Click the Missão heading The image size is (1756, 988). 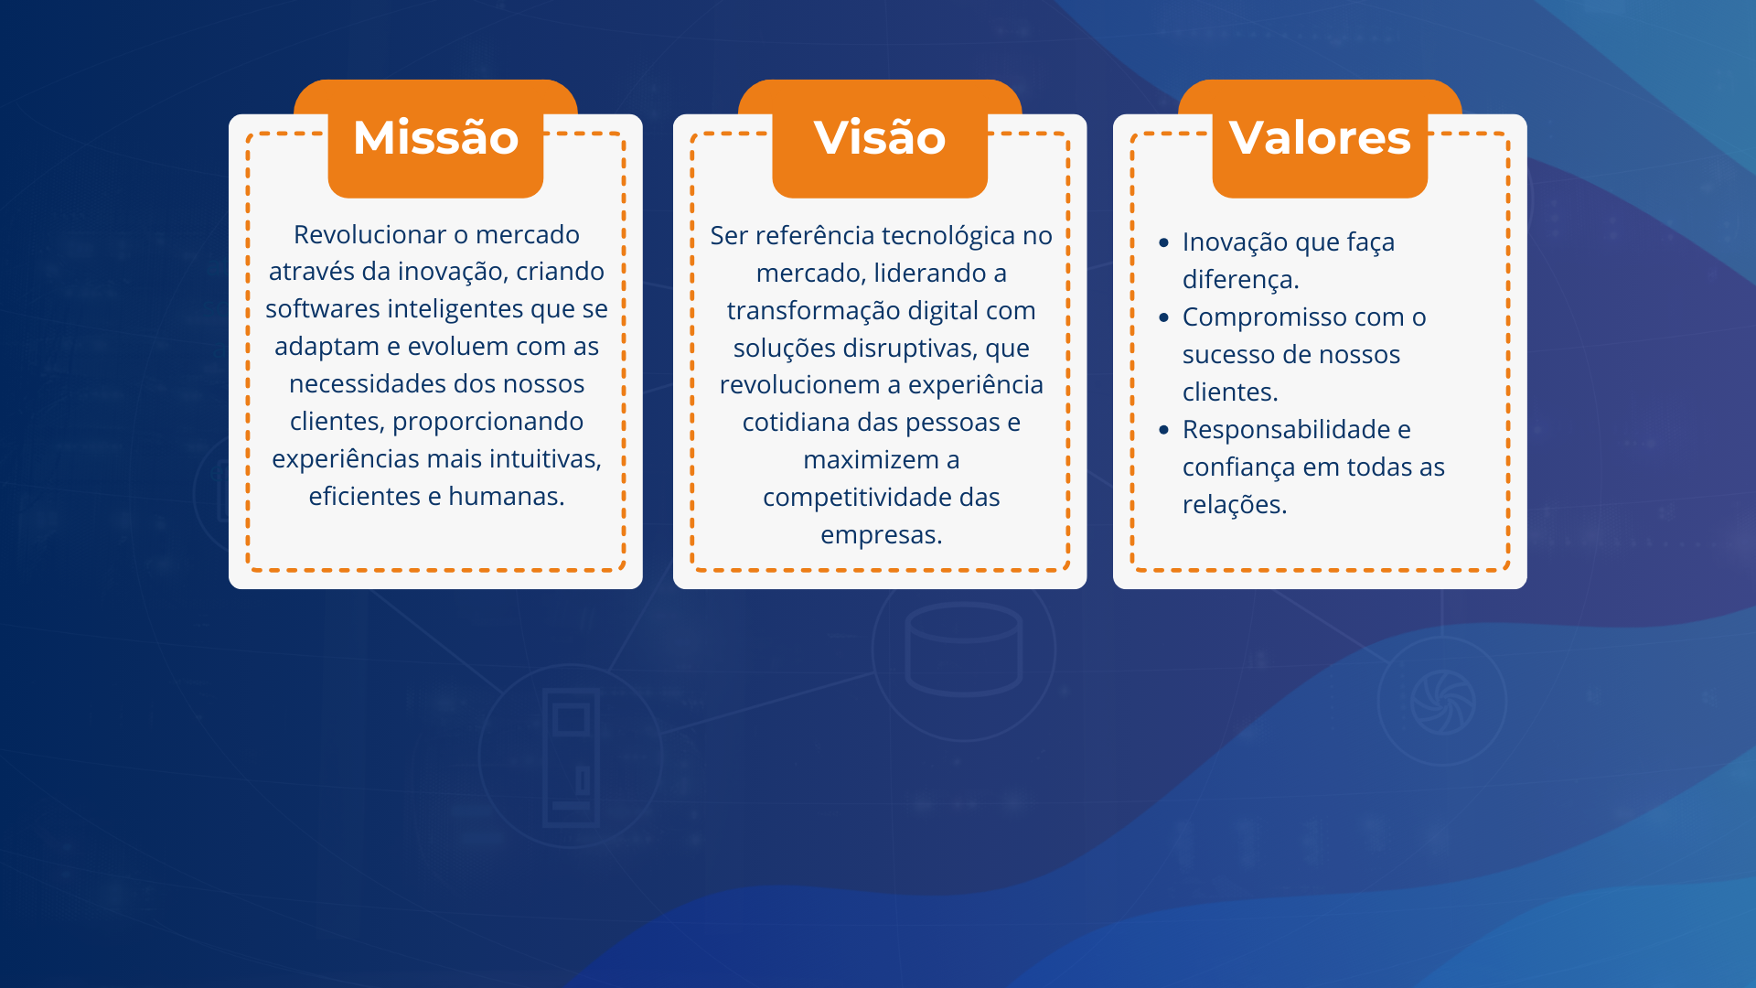(x=435, y=138)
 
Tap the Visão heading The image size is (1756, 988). (x=880, y=138)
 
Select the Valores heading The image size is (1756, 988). (x=1320, y=138)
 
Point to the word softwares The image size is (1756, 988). (x=323, y=309)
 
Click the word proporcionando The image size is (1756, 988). (x=487, y=422)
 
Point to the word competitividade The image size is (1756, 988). (x=857, y=498)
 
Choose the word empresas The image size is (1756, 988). (x=881, y=535)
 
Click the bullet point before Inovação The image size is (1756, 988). (x=1163, y=242)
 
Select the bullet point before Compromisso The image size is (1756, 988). (x=1163, y=317)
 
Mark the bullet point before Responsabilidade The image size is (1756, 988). (x=1163, y=430)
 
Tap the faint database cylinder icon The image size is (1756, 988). (x=963, y=650)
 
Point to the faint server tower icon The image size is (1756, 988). (x=571, y=757)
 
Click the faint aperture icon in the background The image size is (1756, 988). (x=1442, y=703)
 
